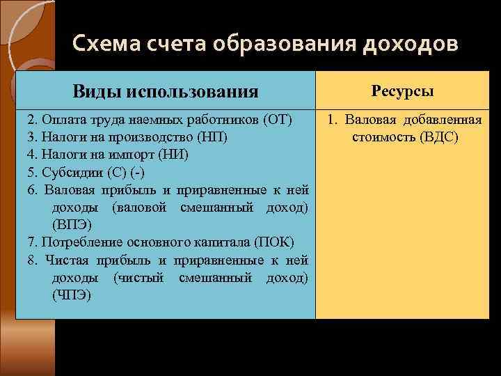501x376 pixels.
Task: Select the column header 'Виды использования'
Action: click(x=166, y=91)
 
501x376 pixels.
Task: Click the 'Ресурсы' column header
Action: click(x=403, y=91)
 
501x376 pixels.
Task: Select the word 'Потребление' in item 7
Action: click(x=76, y=242)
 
